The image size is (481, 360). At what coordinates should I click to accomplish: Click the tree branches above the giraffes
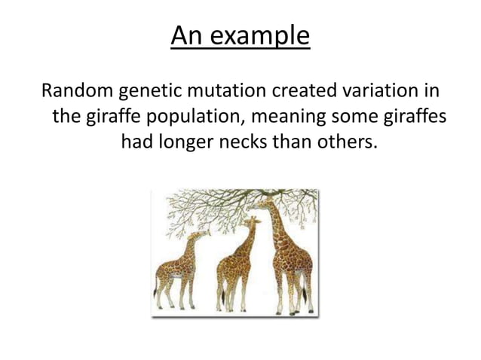click(226, 202)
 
